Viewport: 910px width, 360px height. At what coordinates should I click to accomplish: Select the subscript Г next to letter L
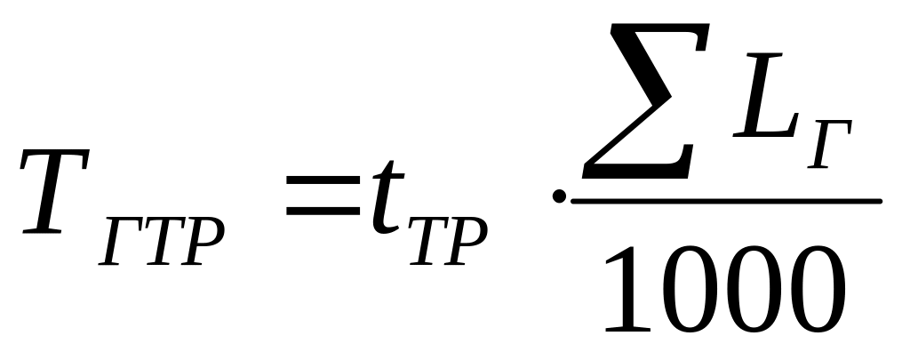(x=830, y=142)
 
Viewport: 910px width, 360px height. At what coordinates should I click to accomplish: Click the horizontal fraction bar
(x=724, y=201)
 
